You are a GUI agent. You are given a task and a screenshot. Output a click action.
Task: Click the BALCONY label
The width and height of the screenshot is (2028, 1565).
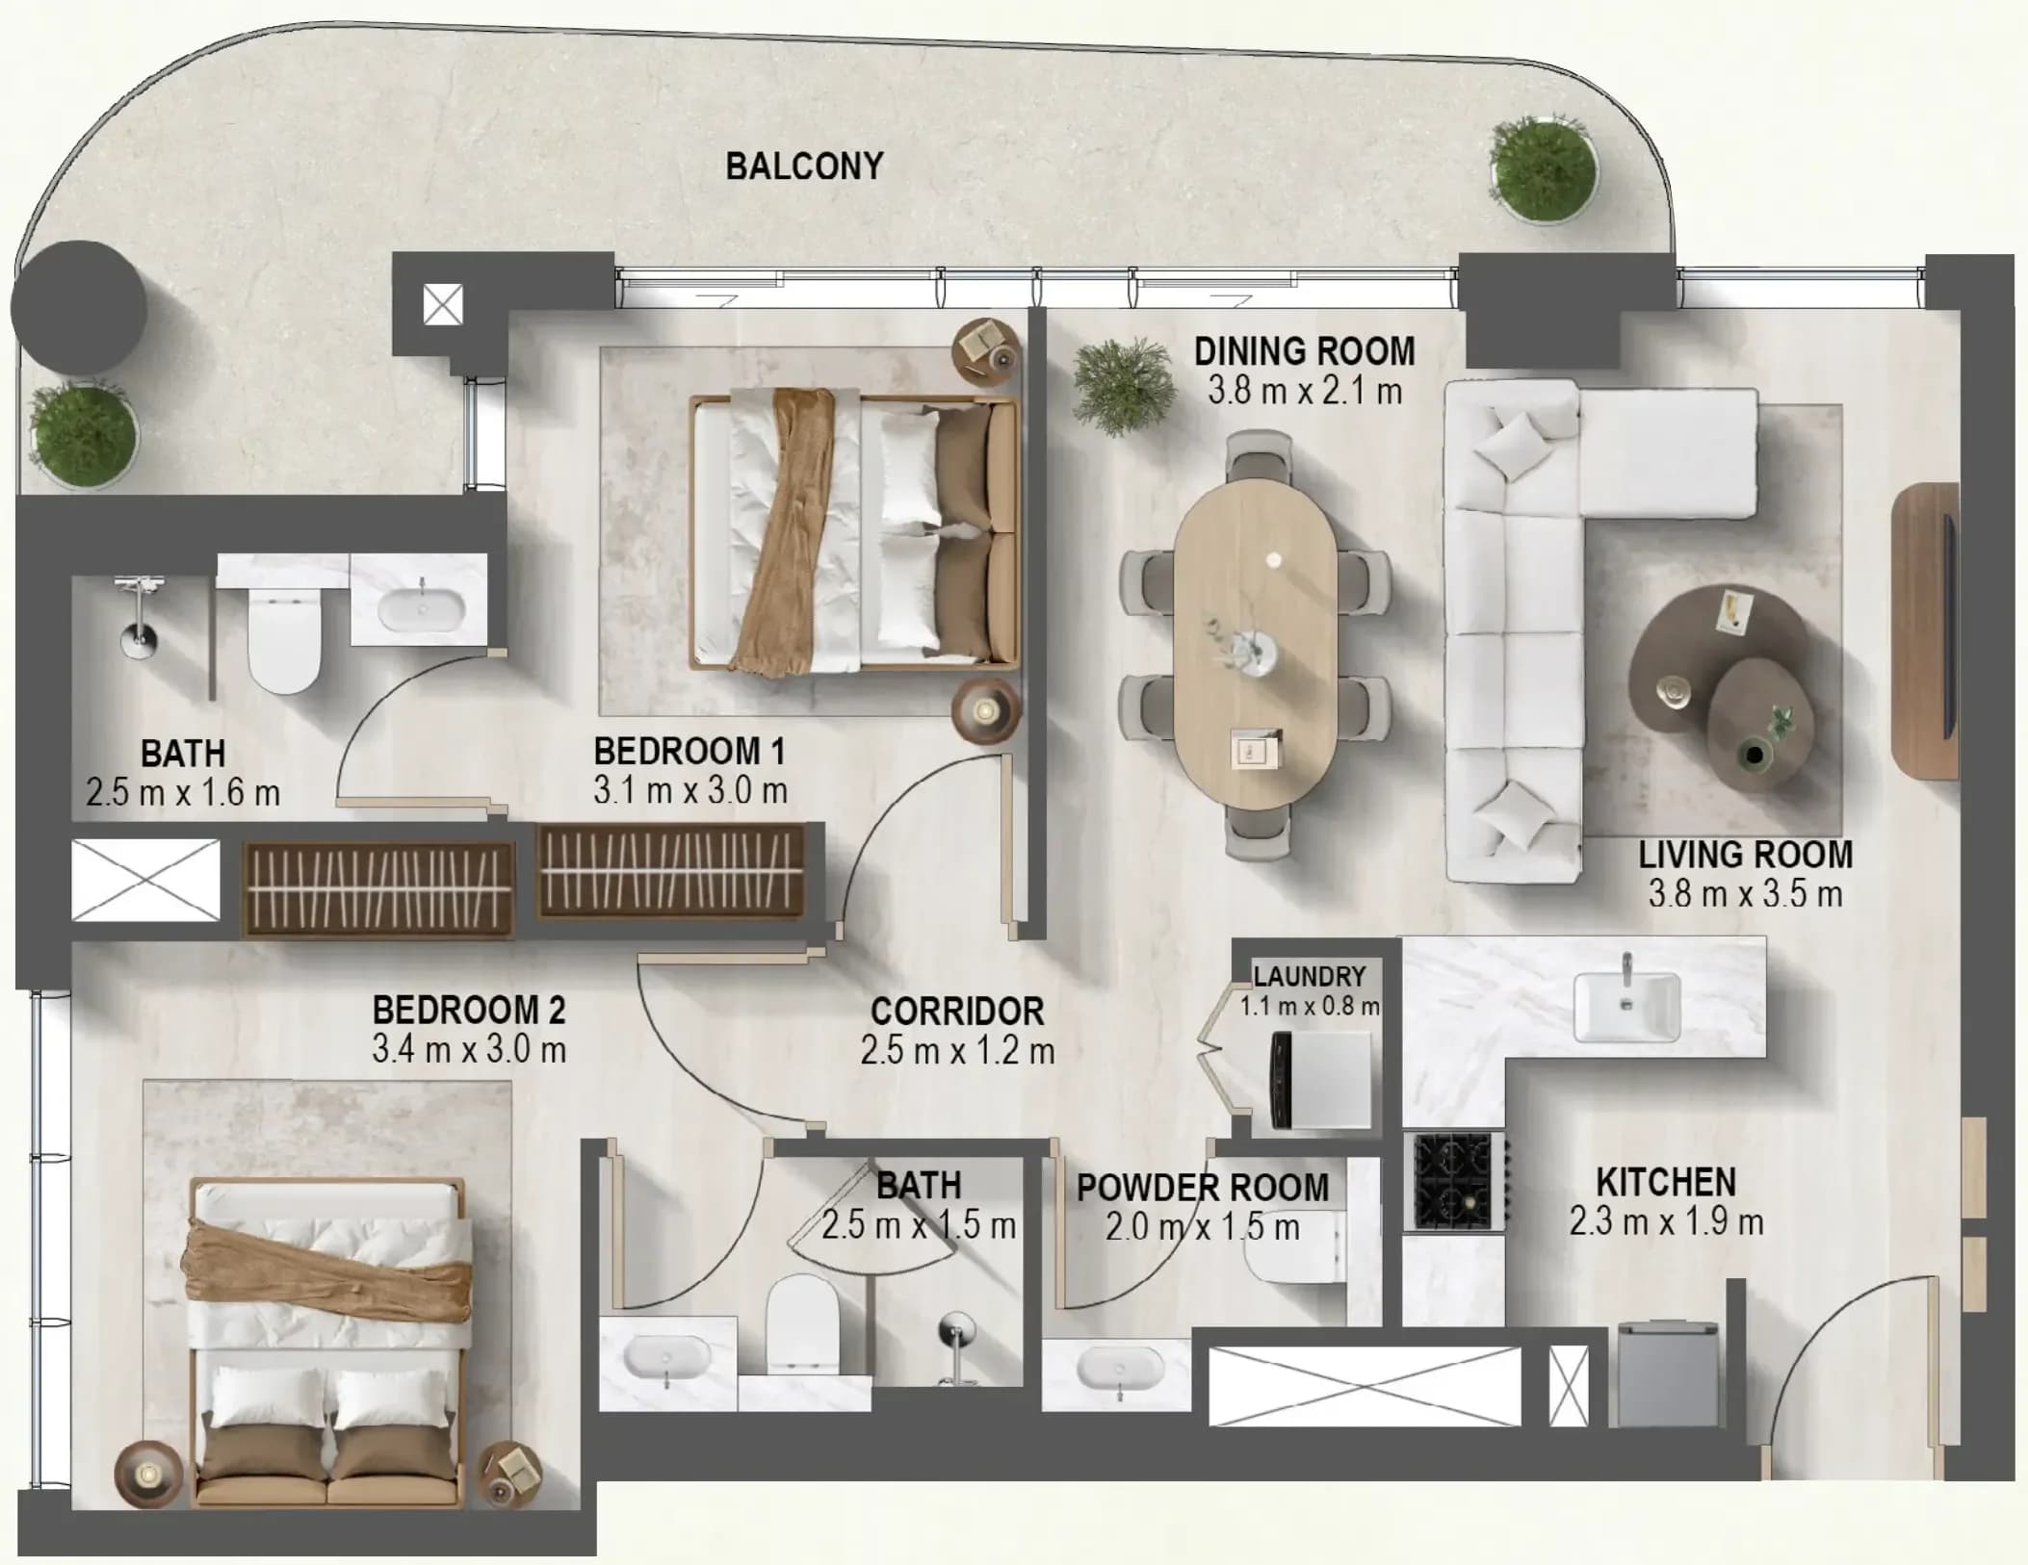click(x=804, y=167)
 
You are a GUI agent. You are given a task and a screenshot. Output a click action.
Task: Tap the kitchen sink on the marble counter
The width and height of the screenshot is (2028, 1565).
click(x=1627, y=1006)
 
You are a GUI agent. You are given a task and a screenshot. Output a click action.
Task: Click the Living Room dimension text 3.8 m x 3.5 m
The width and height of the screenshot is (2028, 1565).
click(x=1745, y=894)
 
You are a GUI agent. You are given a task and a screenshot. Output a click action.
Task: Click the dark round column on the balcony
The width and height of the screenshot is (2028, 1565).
click(x=79, y=308)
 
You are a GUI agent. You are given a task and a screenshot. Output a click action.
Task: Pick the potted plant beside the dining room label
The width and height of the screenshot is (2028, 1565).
click(x=1123, y=387)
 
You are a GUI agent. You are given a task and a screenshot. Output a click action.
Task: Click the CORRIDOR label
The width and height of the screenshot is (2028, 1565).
click(x=957, y=1012)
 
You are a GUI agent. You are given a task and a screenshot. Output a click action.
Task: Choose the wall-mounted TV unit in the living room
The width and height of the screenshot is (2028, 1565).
click(x=1924, y=632)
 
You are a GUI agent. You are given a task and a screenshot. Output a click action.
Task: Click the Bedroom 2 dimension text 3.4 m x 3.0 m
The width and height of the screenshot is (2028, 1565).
click(x=469, y=1049)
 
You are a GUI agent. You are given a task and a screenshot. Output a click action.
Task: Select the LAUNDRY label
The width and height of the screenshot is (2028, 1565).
click(x=1310, y=977)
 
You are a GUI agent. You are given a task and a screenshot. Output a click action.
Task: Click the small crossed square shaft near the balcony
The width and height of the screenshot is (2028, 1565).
click(x=443, y=305)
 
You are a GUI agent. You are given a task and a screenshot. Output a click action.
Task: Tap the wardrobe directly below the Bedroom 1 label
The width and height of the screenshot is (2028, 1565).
click(x=670, y=871)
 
